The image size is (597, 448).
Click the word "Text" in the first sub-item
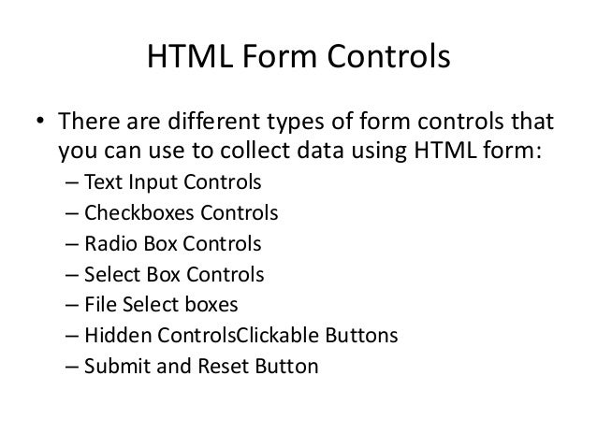[102, 182]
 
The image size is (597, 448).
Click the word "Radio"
[109, 244]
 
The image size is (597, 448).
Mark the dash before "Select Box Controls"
[72, 275]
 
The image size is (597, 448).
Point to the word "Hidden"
[113, 336]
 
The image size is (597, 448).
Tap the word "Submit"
[113, 367]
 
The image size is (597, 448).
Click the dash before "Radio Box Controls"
[72, 244]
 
